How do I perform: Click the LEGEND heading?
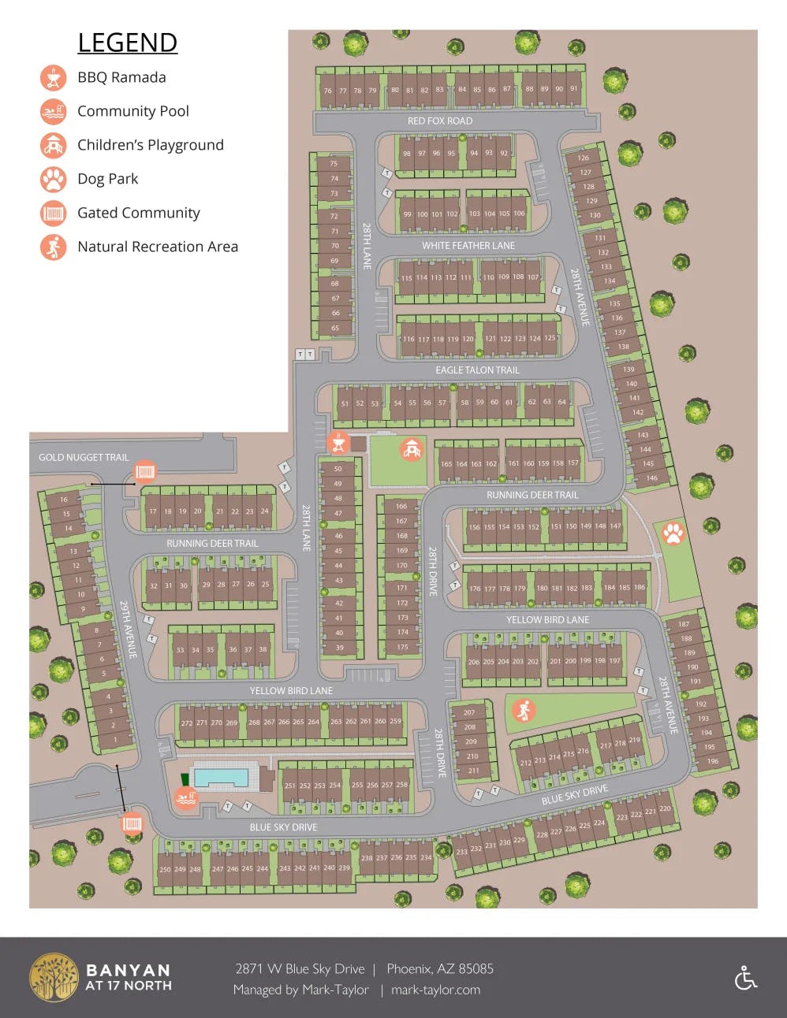(127, 43)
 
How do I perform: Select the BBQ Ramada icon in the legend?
(53, 78)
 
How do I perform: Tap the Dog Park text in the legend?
(107, 179)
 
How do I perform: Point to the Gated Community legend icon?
(53, 213)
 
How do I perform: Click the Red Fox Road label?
(439, 121)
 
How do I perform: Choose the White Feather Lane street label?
(468, 246)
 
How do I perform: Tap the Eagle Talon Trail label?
(477, 370)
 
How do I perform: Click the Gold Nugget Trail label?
(84, 458)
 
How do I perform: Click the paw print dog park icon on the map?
(673, 533)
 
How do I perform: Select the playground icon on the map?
(411, 449)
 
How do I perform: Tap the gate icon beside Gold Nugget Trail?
(144, 472)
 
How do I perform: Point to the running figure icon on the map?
(523, 711)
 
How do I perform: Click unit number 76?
(327, 91)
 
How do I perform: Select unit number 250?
(165, 870)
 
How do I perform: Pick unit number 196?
(712, 761)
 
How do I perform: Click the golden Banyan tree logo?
(54, 978)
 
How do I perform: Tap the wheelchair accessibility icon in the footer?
(745, 978)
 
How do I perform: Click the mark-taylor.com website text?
(435, 990)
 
